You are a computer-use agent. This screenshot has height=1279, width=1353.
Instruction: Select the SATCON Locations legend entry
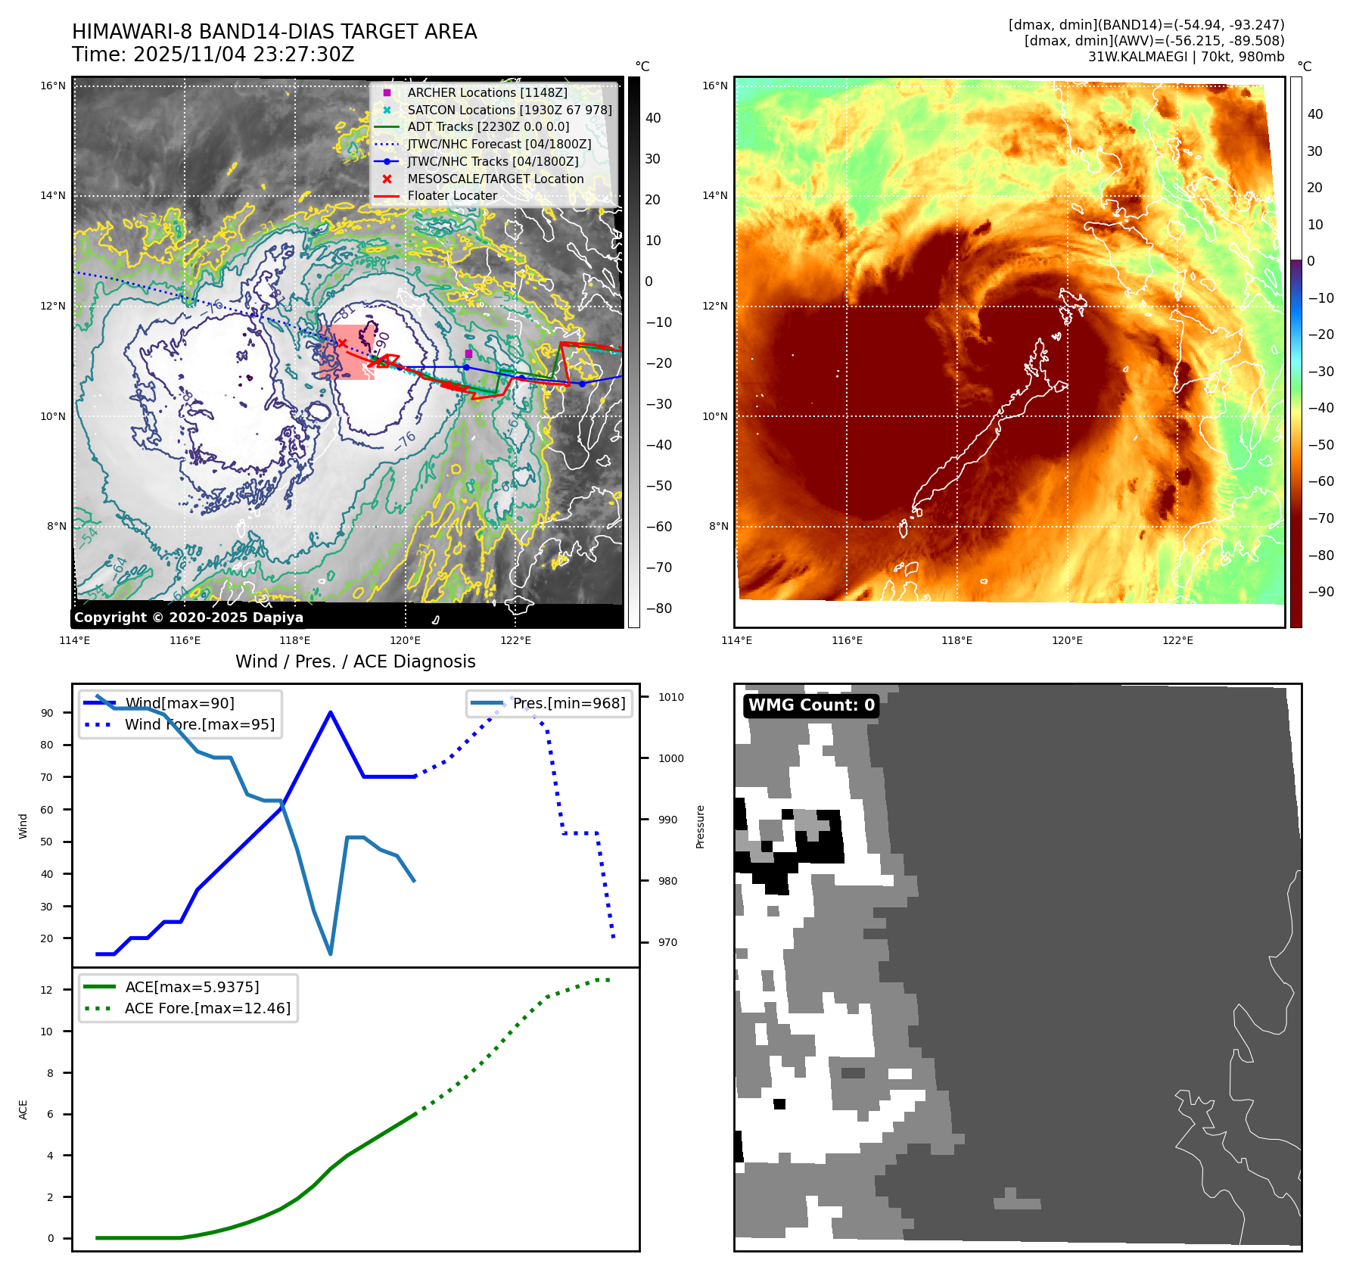click(x=509, y=110)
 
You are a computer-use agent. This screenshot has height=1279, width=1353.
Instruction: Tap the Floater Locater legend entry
click(x=452, y=196)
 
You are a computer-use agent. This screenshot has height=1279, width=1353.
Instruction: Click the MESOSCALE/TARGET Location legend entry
click(x=495, y=179)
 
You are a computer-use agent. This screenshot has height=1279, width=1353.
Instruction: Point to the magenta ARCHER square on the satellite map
click(x=468, y=353)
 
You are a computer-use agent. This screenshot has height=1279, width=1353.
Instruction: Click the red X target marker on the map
click(x=342, y=344)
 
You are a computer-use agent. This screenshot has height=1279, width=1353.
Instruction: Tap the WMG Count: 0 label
click(x=811, y=705)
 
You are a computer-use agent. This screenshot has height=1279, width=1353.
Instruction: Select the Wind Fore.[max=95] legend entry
click(x=199, y=724)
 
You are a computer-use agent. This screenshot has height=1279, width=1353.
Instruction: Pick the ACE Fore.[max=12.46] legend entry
click(x=207, y=1008)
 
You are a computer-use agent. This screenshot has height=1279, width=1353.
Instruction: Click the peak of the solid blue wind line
click(x=331, y=712)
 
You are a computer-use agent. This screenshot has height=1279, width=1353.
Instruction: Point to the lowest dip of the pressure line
click(x=331, y=954)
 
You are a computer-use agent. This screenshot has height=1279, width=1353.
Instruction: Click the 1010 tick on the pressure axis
click(x=670, y=697)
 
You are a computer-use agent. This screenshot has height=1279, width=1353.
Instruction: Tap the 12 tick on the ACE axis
click(x=47, y=990)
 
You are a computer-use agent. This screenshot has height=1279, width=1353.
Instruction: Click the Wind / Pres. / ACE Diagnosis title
click(x=355, y=661)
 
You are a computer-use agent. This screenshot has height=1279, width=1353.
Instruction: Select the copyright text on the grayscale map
click(x=188, y=618)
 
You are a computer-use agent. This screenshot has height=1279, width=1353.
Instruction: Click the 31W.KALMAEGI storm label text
click(x=1186, y=57)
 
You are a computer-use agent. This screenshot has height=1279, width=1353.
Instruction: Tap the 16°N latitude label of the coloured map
click(x=714, y=86)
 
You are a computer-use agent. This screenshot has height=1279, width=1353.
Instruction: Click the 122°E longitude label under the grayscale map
click(x=515, y=640)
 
